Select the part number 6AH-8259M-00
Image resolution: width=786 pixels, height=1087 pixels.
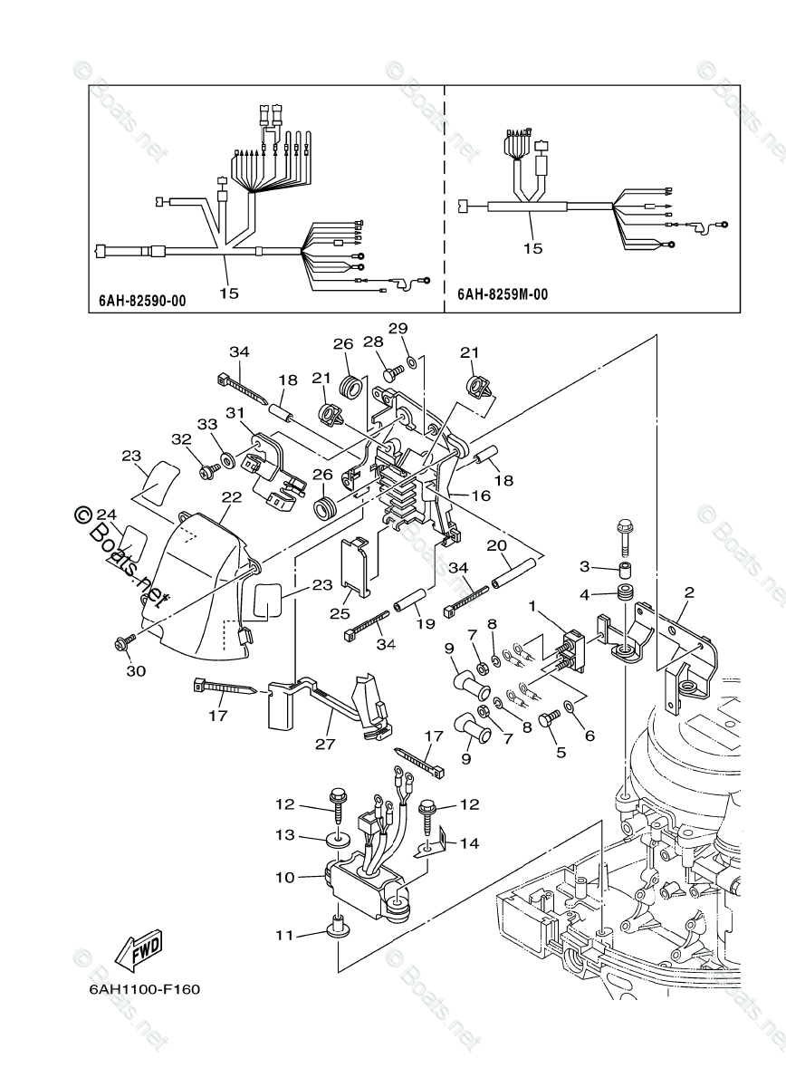[x=502, y=294]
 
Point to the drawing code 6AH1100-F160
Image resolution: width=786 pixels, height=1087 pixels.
[x=145, y=988]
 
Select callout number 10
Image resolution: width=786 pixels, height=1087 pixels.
[x=286, y=877]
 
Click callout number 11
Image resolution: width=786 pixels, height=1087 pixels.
[x=286, y=935]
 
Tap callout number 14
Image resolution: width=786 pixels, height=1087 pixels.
[x=468, y=843]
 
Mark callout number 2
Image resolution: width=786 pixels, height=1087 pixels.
[x=689, y=592]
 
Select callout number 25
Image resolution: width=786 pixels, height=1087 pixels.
[x=340, y=614]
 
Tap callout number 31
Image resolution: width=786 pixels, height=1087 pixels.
[x=235, y=412]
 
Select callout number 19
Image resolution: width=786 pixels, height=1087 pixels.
[x=419, y=625]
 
